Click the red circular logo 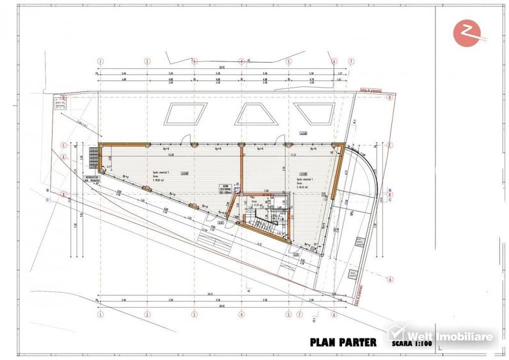[466, 33]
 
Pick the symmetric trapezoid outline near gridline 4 [251, 114]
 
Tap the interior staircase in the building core [262, 224]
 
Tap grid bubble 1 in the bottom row [100, 314]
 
